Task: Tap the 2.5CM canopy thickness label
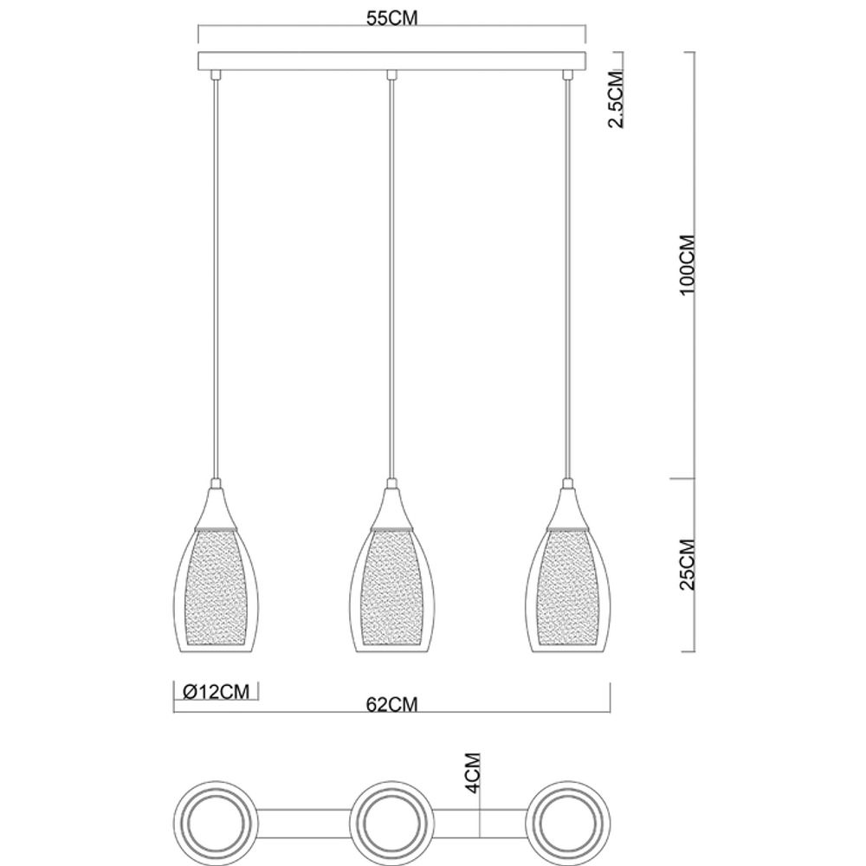(x=615, y=100)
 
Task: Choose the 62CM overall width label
(x=391, y=705)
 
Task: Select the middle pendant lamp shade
(x=391, y=589)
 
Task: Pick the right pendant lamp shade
(x=568, y=589)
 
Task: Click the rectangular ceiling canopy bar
(x=393, y=61)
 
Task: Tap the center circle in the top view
(x=391, y=820)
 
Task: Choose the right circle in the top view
(x=570, y=820)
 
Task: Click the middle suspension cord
(x=391, y=277)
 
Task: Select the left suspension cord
(x=214, y=277)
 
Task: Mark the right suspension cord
(x=568, y=277)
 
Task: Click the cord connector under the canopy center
(x=391, y=75)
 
